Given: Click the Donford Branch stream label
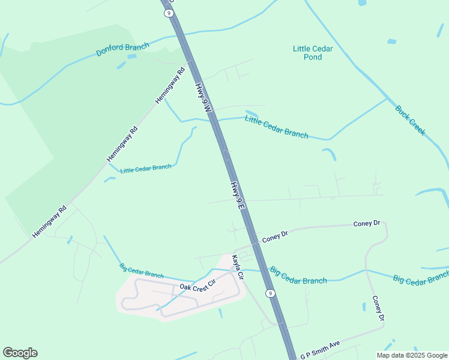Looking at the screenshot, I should [x=122, y=49].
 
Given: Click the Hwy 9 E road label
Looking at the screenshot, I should [x=238, y=195].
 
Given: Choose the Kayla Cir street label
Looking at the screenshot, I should [x=238, y=268].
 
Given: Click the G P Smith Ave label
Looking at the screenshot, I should [x=321, y=350].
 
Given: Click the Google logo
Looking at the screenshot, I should [x=20, y=353].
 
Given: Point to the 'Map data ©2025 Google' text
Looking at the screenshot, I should [x=412, y=355].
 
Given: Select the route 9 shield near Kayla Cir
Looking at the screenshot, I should [x=271, y=293].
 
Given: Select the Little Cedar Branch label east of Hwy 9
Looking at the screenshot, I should [x=277, y=127].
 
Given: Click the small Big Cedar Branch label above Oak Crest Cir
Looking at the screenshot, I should [x=141, y=271].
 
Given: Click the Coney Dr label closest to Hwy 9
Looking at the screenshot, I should [x=275, y=235].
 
